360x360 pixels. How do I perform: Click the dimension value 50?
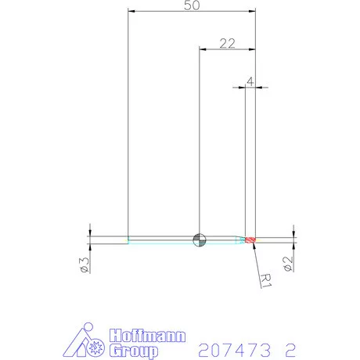click(192, 5)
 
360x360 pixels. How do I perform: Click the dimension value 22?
click(228, 43)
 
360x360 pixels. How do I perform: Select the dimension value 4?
click(250, 81)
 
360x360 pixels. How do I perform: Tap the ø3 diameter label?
click(83, 265)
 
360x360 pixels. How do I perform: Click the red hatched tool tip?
click(250, 239)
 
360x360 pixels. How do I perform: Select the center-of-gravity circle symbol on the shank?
click(200, 239)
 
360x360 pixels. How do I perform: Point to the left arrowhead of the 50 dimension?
click(131, 12)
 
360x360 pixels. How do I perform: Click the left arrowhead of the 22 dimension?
click(203, 49)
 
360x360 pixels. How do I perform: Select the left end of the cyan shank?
click(128, 239)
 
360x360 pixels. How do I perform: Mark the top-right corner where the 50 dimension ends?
click(256, 12)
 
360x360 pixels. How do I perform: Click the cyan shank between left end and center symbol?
click(160, 239)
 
